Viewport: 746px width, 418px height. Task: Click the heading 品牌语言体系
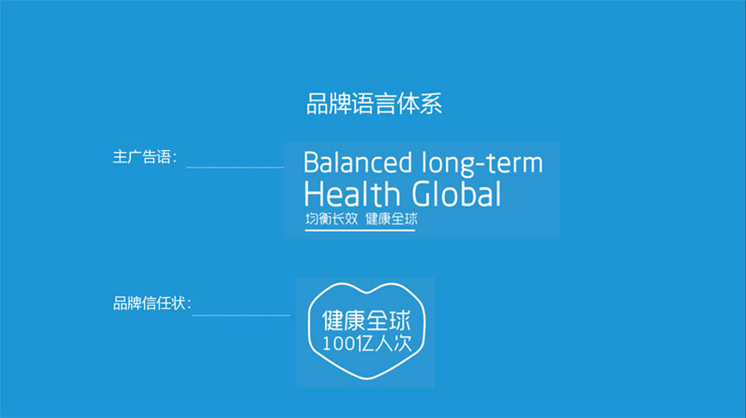point(374,105)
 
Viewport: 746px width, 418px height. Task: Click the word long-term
point(483,163)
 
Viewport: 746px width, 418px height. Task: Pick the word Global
point(455,194)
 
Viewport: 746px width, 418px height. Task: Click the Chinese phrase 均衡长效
point(330,219)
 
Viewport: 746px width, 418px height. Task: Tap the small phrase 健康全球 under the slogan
point(391,219)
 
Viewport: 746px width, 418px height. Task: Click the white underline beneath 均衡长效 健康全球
point(360,231)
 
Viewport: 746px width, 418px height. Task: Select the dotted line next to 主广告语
point(235,167)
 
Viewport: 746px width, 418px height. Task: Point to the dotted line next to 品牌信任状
point(241,315)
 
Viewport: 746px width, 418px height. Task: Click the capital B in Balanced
point(311,163)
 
